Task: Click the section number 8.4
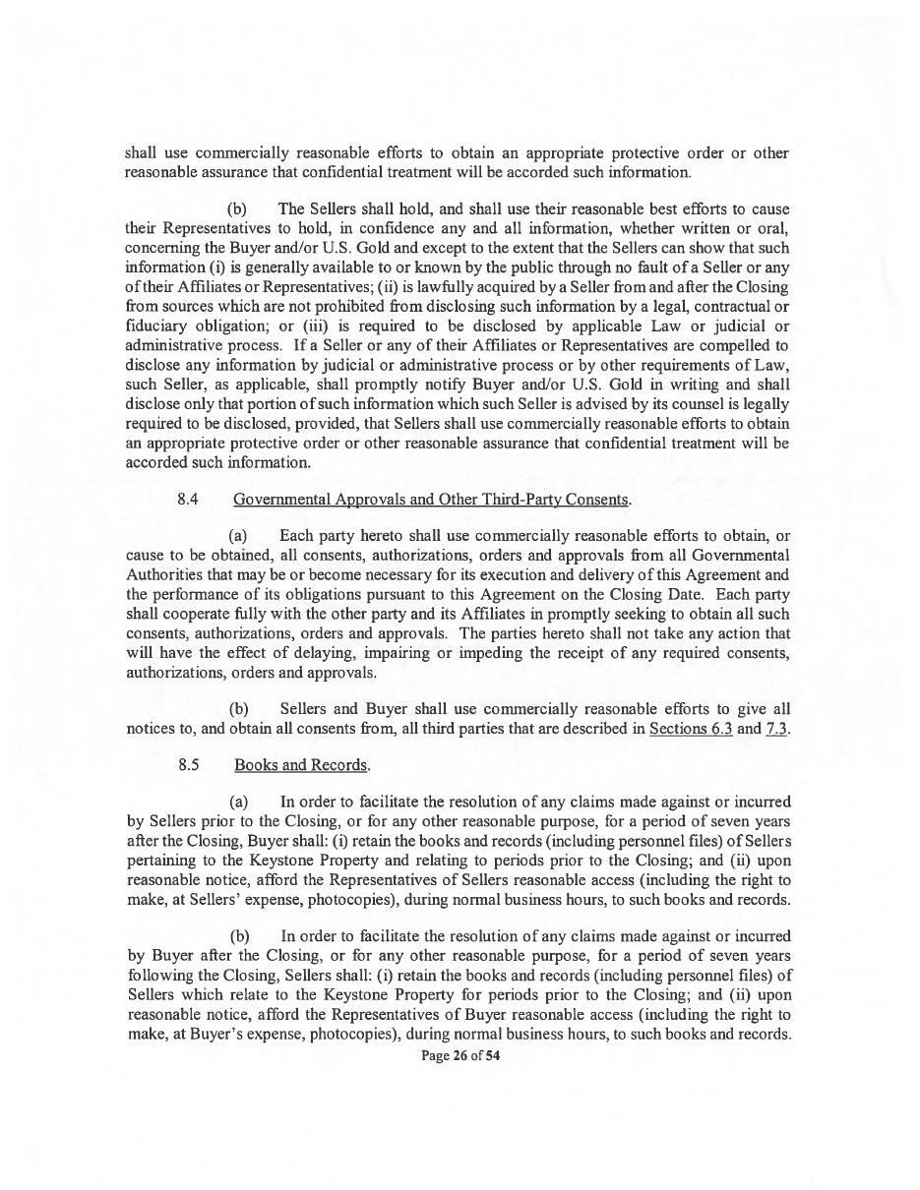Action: point(188,500)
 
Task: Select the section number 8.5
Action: point(189,765)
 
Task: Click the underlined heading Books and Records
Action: point(300,765)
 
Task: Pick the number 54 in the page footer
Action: point(493,1056)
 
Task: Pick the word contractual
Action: point(732,307)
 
